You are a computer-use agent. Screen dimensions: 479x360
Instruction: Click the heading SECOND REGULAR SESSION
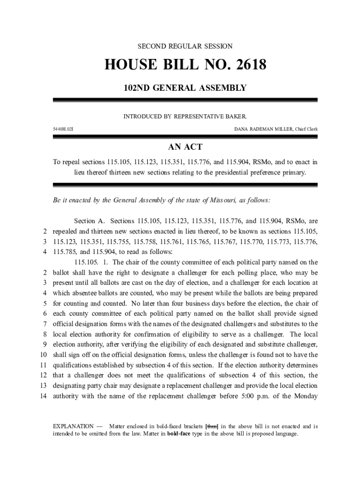tap(185, 46)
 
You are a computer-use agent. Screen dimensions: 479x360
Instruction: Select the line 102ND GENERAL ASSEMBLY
tap(185, 87)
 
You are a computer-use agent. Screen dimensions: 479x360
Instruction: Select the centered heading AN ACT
tap(185, 147)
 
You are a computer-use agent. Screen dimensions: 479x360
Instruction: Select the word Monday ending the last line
tap(305, 396)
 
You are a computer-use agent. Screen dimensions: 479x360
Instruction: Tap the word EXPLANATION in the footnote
tap(73, 427)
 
